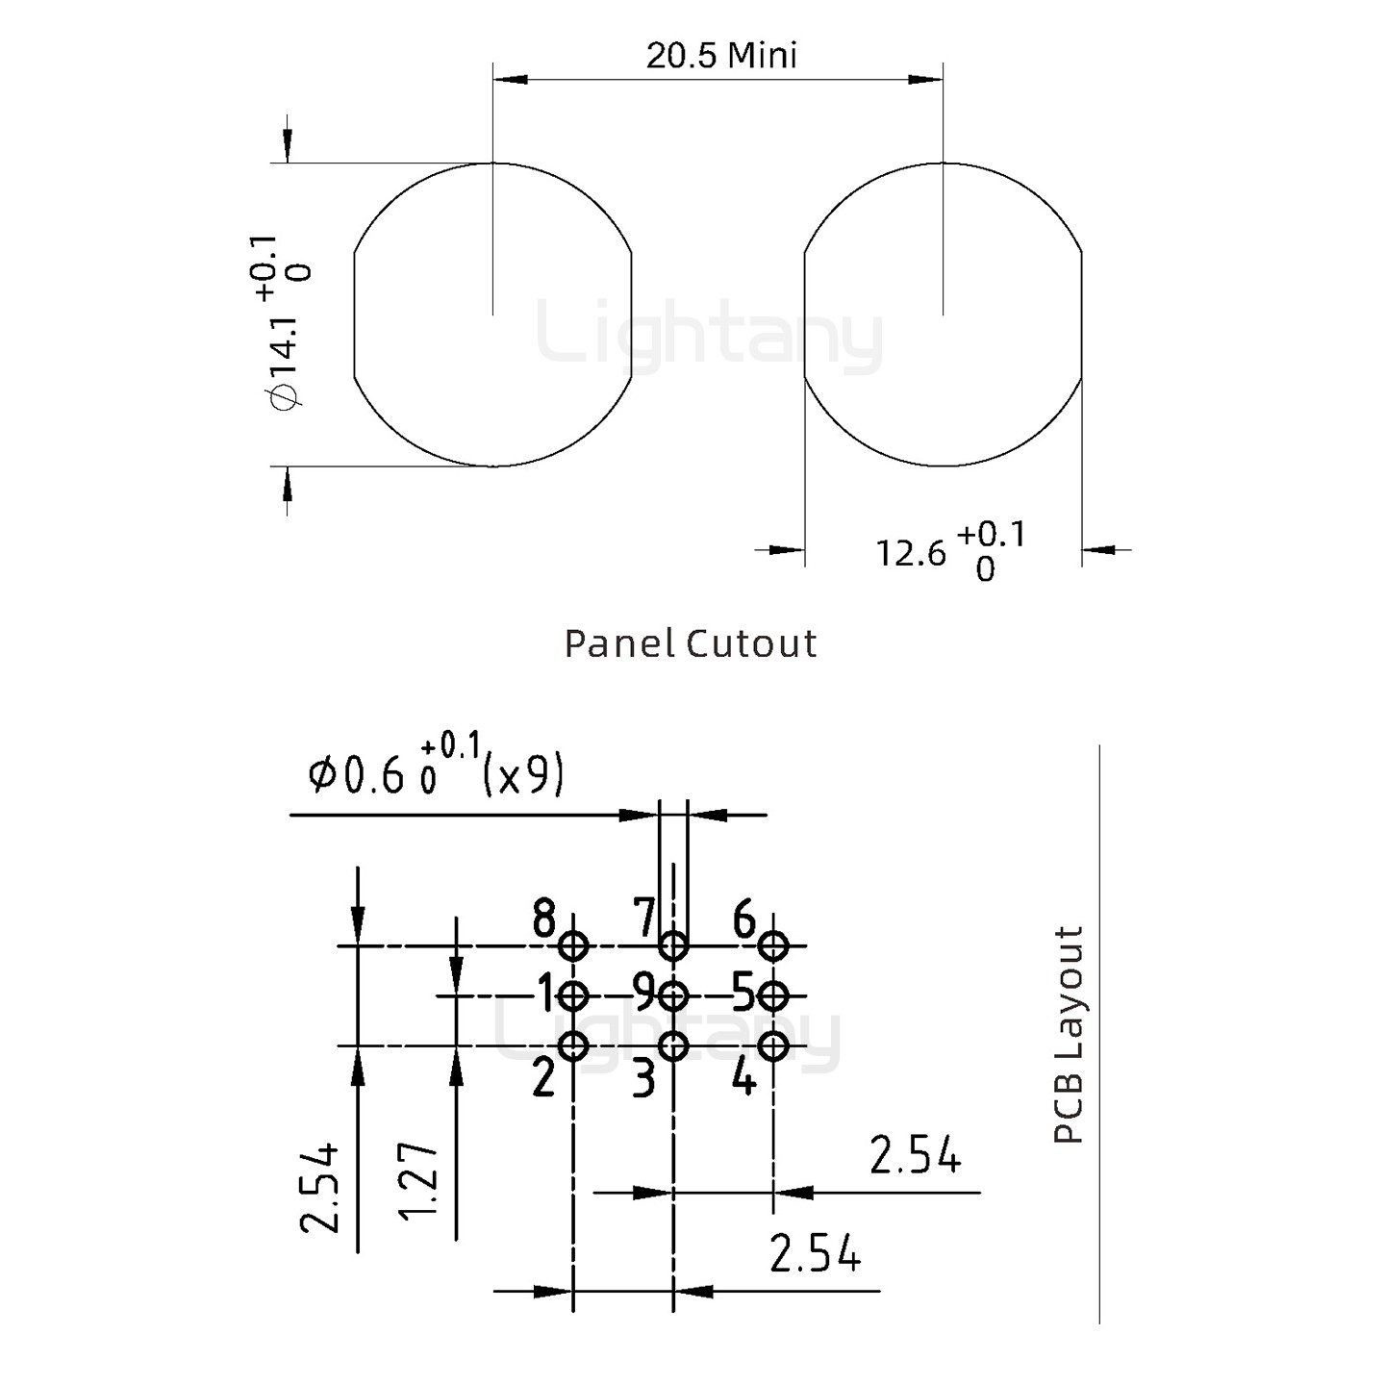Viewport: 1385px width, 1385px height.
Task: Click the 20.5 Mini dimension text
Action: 720,56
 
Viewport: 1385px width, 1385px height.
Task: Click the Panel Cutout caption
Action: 690,643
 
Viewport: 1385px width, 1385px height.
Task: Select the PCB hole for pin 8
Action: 574,946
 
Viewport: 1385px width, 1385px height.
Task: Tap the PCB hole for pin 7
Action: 673,946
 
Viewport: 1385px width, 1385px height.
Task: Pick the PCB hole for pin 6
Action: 773,946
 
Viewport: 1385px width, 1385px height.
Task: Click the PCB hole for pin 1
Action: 574,995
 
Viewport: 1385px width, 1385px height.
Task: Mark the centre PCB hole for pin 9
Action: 673,995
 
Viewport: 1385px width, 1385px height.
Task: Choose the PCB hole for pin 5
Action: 773,995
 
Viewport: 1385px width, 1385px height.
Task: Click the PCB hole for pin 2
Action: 574,1045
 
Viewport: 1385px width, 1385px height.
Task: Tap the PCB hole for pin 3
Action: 673,1045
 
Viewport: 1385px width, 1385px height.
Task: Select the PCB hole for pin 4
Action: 773,1045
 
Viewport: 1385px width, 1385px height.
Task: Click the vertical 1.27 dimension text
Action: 420,1179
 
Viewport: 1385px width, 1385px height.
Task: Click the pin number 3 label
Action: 643,1079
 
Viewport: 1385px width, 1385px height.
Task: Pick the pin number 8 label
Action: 544,919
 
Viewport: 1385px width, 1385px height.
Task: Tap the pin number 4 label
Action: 743,1079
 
